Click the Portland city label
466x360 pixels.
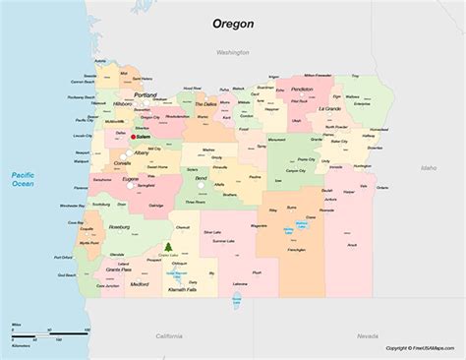pos(146,94)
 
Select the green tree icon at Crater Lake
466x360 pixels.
pos(168,246)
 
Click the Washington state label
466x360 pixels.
pos(233,50)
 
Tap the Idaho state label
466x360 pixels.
pos(428,167)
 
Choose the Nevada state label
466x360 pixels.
pos(368,335)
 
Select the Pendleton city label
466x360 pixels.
pos(303,90)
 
